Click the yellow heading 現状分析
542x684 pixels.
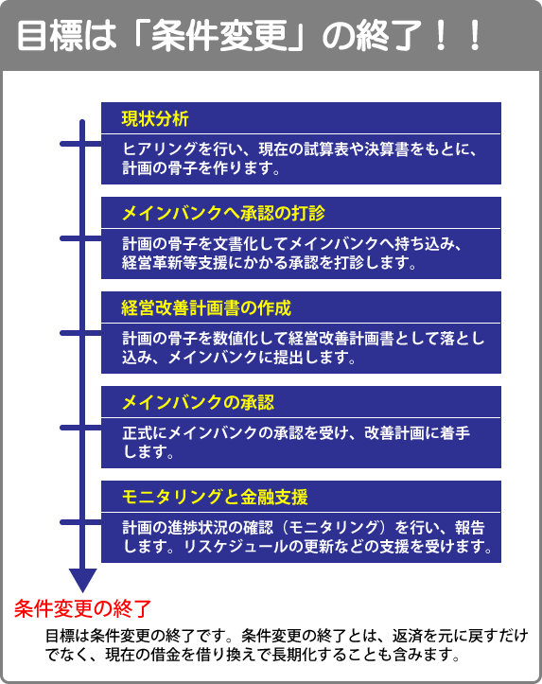155,118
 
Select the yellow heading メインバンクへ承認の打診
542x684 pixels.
223,213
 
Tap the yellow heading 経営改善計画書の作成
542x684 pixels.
206,308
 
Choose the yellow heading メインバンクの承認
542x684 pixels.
198,403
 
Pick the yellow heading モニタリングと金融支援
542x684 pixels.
215,498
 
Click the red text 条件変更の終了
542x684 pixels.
83,608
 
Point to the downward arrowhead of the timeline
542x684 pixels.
83,581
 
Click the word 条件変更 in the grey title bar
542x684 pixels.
219,36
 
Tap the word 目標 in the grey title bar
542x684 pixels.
50,36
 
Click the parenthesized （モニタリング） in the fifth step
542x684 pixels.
334,528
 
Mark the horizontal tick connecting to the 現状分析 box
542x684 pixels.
80,144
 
